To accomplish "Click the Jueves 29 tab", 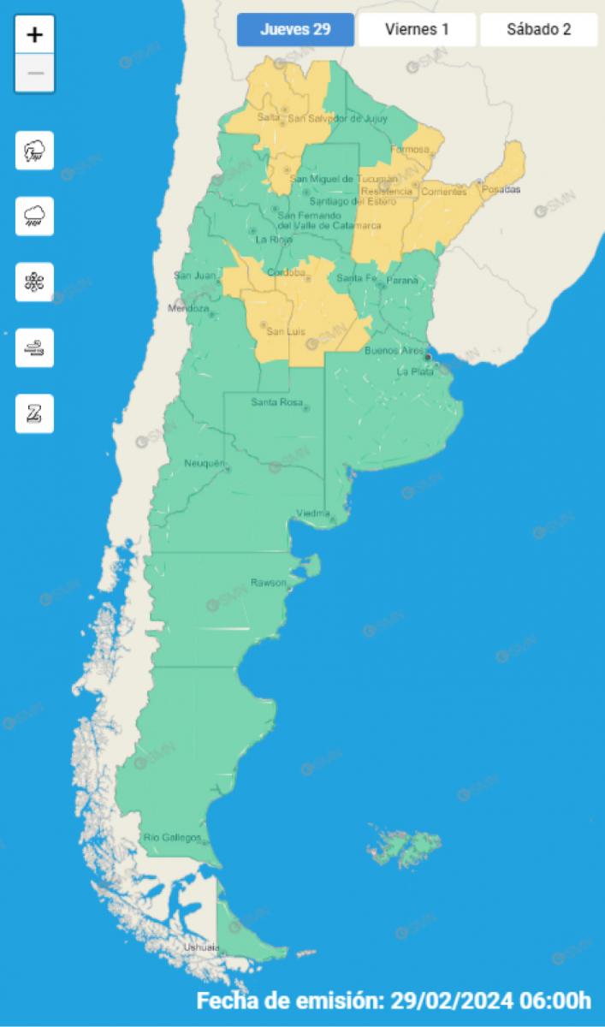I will tap(295, 29).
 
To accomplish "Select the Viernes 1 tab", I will tap(417, 29).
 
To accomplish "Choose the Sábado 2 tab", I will tap(538, 29).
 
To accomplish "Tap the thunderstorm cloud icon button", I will tap(34, 151).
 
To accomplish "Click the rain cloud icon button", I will tap(34, 216).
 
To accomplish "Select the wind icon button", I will tap(34, 347).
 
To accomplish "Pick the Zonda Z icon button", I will tap(34, 414).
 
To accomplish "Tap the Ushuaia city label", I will tap(201, 947).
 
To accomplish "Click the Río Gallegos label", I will tap(172, 837).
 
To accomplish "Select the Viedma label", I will tap(312, 513).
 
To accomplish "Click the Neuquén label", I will tap(204, 464).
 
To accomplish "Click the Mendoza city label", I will tap(188, 308).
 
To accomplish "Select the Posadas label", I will tap(501, 189).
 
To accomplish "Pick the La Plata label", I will tap(414, 371).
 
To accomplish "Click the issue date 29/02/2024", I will tap(452, 1000).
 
